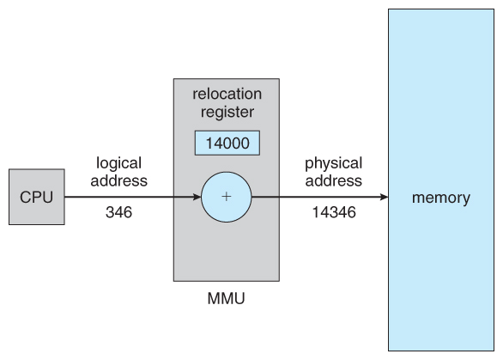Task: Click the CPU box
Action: click(37, 197)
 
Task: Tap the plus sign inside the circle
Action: click(227, 197)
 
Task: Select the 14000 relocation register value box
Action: click(227, 143)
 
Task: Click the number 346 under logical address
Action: click(118, 212)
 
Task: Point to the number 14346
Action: click(334, 212)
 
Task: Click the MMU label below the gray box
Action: click(226, 298)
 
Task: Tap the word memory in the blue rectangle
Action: click(441, 198)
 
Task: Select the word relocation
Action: click(227, 94)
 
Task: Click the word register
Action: click(227, 112)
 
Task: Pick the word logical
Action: click(118, 163)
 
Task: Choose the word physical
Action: click(333, 163)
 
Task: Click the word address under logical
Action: click(118, 180)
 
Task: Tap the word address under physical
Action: click(334, 180)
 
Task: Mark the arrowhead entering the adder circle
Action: click(197, 197)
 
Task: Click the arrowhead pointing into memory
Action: click(384, 197)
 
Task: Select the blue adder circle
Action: click(227, 197)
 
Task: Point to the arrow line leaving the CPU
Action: click(133, 197)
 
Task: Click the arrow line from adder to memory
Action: click(320, 197)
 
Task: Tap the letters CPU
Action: click(37, 197)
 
